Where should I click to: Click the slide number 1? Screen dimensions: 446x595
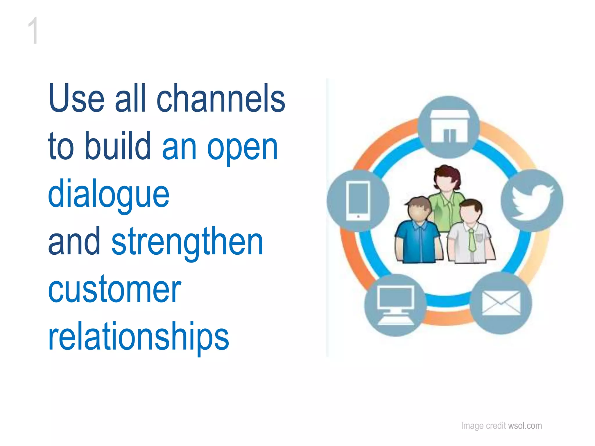coord(33,30)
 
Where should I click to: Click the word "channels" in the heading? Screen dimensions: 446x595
coord(221,99)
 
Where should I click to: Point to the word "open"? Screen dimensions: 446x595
coord(242,148)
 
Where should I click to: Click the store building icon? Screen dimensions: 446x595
coord(449,127)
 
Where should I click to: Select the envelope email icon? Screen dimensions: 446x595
coord(501,303)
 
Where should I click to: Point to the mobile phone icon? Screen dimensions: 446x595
coord(358,201)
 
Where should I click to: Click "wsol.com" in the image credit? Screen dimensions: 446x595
coord(525,426)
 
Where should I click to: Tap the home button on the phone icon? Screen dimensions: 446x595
coord(358,217)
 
